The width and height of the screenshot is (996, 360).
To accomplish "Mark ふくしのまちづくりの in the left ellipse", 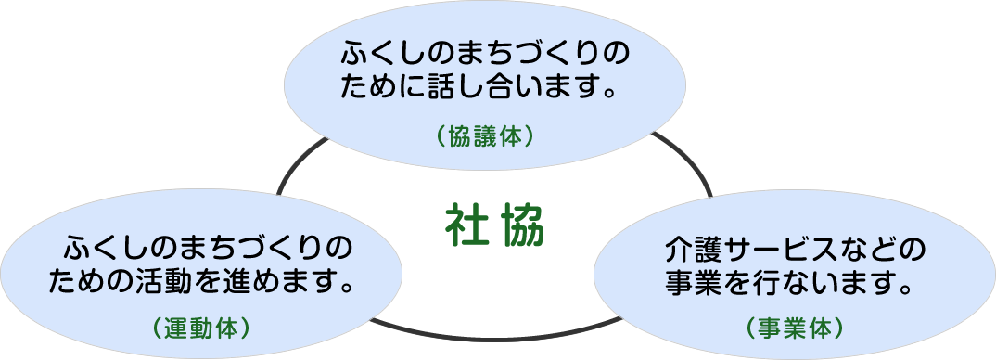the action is pyautogui.click(x=209, y=249).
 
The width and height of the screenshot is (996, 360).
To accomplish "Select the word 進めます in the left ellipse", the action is pyautogui.click(x=288, y=280).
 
